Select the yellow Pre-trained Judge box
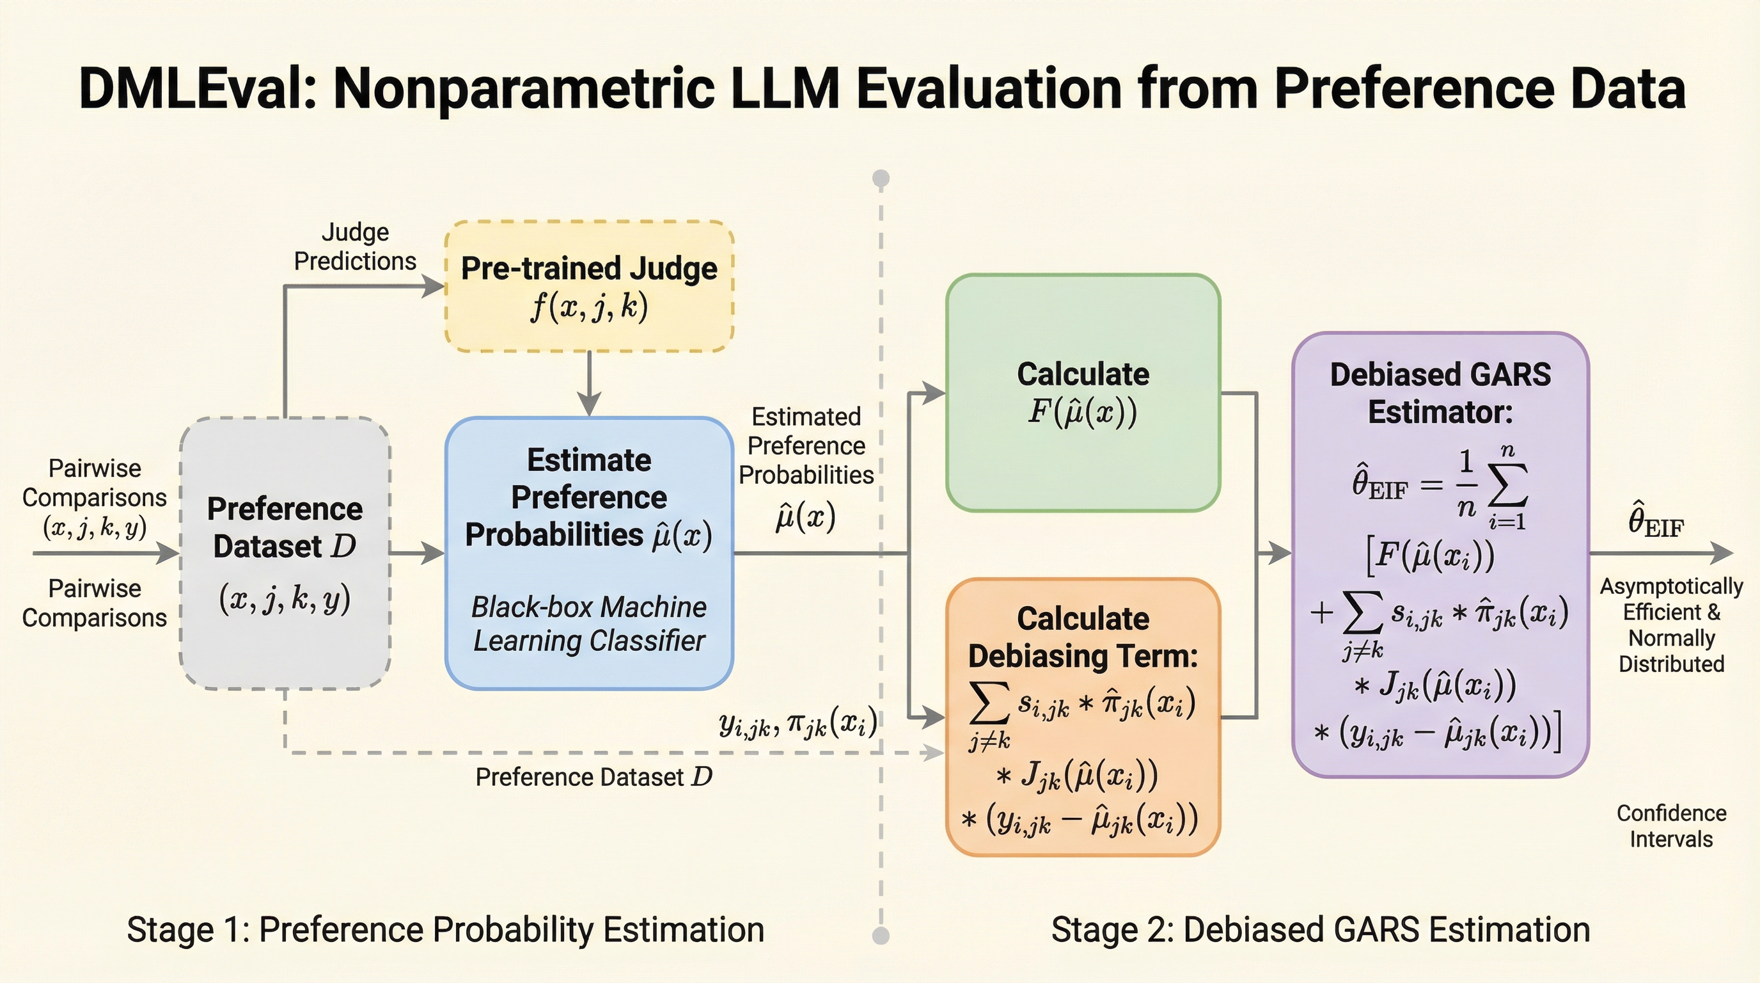[589, 285]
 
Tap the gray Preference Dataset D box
[285, 552]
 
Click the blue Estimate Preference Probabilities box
[589, 552]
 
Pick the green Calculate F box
[1083, 392]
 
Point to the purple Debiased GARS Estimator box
[1440, 554]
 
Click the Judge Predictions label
[354, 247]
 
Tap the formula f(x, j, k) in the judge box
[589, 307]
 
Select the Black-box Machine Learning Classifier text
[589, 623]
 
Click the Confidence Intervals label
[1671, 826]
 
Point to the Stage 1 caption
[446, 930]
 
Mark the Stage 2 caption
[1320, 930]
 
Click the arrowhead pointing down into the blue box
[589, 404]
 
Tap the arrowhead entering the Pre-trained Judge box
[433, 285]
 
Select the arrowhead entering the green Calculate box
[934, 393]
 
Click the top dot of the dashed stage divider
[881, 179]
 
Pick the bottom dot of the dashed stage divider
[881, 935]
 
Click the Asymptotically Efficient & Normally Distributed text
[1671, 625]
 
